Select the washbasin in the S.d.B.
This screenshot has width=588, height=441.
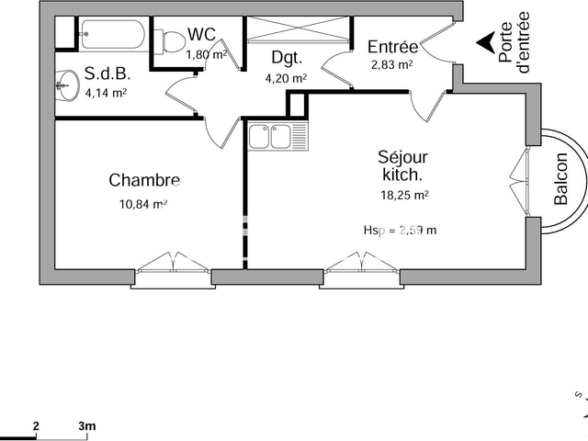tap(63, 87)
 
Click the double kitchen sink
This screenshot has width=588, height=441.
tap(269, 137)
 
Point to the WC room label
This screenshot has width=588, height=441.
tap(201, 35)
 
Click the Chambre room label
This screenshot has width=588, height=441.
tap(143, 180)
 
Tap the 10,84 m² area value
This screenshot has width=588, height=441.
tap(142, 204)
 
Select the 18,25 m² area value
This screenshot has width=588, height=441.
tap(402, 195)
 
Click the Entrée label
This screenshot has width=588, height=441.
tap(392, 47)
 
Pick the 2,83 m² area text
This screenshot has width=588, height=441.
tap(391, 65)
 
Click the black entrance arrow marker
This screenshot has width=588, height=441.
tap(483, 41)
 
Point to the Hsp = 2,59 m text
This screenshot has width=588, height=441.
tap(400, 230)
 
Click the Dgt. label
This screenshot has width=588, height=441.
tap(287, 57)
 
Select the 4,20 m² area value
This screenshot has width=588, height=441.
tap(286, 78)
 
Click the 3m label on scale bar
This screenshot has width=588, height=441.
tap(87, 426)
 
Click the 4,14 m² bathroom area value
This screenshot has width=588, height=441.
tap(106, 92)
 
